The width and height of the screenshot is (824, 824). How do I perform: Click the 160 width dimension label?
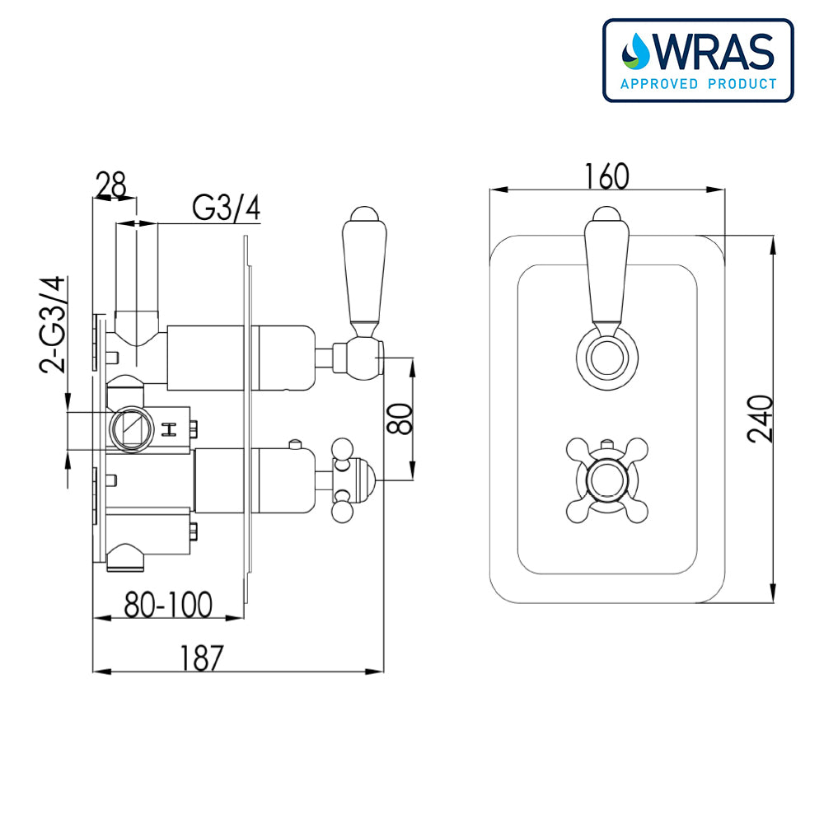click(606, 176)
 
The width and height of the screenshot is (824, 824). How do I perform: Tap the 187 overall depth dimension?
click(200, 658)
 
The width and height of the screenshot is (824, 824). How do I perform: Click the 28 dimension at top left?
click(112, 185)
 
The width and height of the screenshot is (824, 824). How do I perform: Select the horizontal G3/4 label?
click(227, 209)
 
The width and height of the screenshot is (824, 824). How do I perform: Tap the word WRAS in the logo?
click(714, 52)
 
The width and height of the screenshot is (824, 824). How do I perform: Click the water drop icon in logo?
click(636, 51)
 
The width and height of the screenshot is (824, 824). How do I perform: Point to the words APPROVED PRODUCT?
click(698, 83)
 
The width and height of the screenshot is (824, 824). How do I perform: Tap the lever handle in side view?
click(363, 272)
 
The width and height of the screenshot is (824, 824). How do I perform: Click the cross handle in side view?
click(343, 480)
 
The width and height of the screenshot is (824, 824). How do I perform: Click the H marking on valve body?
click(170, 428)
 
